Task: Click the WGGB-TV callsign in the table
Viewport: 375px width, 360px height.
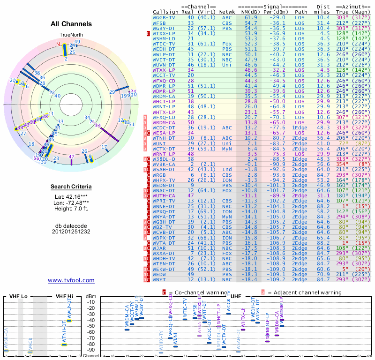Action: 164,17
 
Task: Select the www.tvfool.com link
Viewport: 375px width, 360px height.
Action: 71,280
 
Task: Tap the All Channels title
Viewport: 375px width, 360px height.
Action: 71,24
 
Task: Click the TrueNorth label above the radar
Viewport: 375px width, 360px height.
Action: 71,35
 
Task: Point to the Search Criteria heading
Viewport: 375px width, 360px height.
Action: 71,187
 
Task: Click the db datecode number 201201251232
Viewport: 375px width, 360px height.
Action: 71,232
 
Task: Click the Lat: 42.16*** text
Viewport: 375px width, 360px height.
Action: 71,197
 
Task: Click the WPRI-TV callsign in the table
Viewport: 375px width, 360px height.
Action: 164,201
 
